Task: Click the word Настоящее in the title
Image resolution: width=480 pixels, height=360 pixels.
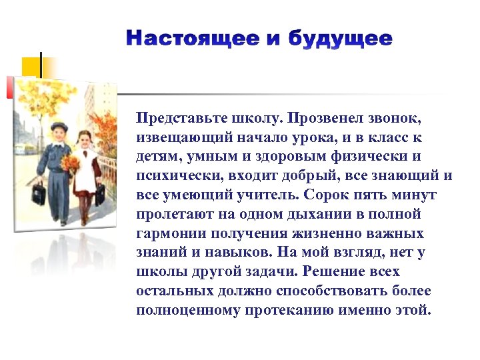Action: click(190, 39)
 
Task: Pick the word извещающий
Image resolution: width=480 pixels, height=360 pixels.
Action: click(175, 137)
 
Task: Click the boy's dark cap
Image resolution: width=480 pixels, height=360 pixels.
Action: click(60, 127)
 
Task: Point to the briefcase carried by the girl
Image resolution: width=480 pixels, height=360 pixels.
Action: click(99, 194)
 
